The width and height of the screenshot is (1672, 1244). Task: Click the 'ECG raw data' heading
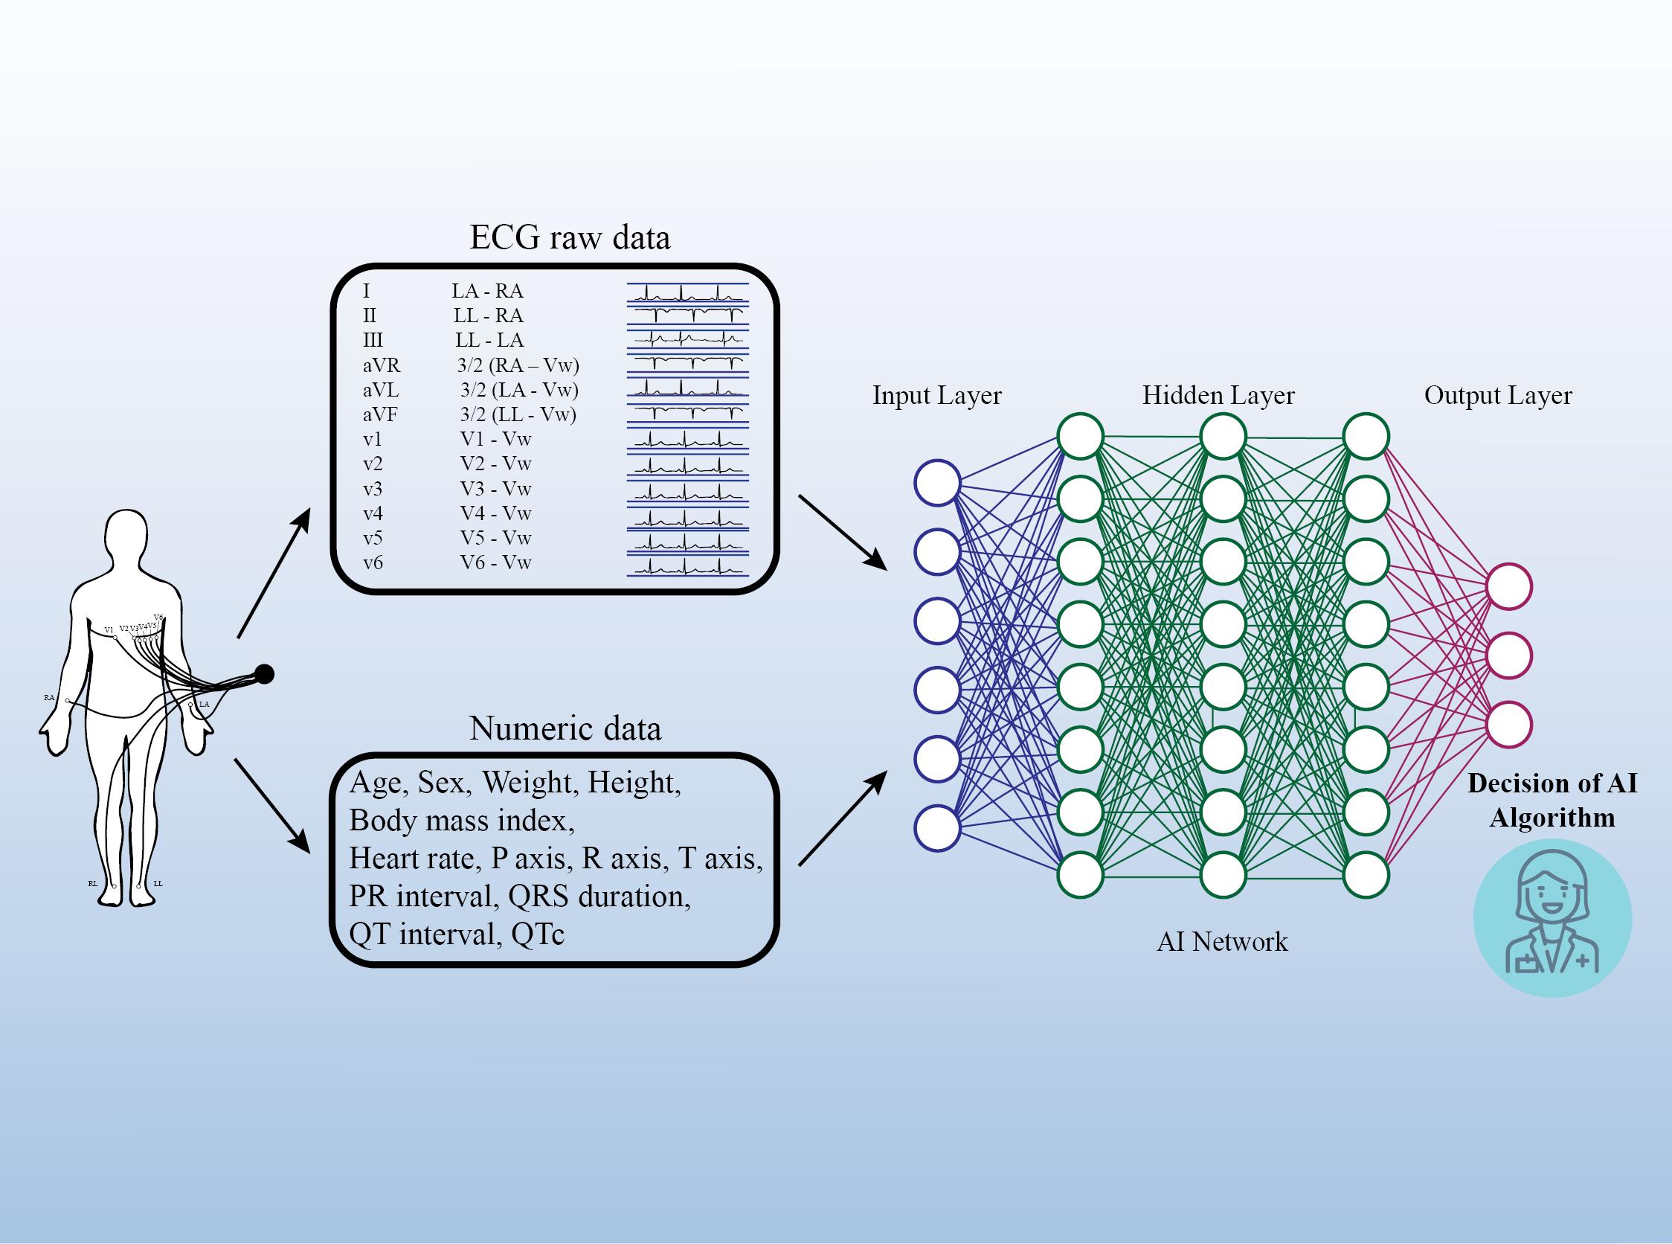569,238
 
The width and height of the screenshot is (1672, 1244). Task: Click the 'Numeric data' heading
565,728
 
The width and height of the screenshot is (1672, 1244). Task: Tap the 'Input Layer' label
936,395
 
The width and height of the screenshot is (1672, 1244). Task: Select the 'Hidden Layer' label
1218,395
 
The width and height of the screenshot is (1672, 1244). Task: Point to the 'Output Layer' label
1497,395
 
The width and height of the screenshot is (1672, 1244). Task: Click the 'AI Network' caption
1222,941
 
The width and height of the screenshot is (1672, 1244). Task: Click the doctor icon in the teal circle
1552,919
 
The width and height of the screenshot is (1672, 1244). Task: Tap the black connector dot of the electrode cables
263,674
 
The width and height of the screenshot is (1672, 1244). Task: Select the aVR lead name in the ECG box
382,366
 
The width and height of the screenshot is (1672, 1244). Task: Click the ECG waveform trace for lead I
687,292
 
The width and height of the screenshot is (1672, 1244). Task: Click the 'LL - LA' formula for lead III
489,340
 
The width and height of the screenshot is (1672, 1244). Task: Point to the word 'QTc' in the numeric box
538,934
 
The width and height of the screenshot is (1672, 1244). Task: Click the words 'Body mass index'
460,820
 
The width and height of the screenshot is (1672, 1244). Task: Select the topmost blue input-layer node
937,482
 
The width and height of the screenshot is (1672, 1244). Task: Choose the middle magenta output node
1508,655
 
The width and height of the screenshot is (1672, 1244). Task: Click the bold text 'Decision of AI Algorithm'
1552,801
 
